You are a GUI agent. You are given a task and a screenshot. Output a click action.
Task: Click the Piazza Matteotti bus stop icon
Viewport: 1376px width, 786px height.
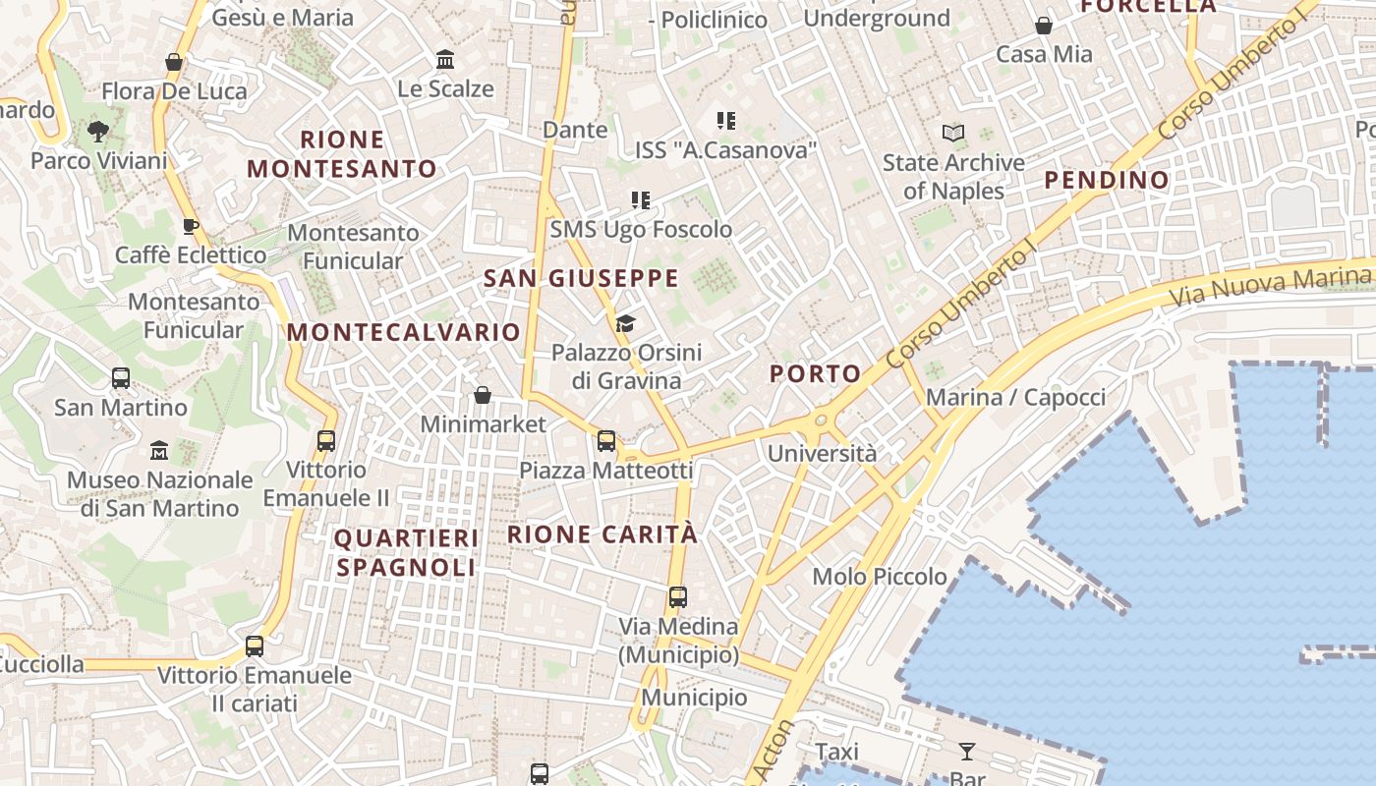coord(606,441)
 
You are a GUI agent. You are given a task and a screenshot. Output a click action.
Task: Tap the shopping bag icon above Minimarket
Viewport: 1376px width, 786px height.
coord(483,395)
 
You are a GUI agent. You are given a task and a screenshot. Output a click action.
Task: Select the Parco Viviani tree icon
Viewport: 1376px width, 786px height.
coord(97,132)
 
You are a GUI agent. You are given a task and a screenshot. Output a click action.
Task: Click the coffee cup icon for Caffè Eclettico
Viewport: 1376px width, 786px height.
coord(191,226)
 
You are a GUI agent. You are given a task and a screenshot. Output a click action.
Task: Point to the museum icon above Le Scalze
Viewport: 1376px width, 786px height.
coord(444,60)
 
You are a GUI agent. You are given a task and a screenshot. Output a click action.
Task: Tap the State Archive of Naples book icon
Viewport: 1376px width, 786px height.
coord(952,133)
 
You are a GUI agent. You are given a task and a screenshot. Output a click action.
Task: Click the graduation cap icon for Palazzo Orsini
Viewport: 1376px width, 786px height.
coord(625,323)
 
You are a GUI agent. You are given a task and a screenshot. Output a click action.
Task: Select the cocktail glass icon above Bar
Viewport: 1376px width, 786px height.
coord(967,752)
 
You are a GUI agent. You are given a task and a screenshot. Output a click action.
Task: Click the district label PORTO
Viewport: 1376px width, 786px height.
coord(815,373)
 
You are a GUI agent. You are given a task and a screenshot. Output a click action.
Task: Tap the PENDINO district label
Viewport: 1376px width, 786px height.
coord(1107,180)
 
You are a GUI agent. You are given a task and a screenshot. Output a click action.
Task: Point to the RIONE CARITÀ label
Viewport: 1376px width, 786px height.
coord(602,534)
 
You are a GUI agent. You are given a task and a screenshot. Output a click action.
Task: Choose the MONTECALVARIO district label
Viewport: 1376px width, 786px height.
coord(404,332)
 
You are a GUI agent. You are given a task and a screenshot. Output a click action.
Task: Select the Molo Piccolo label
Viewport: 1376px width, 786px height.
coord(880,577)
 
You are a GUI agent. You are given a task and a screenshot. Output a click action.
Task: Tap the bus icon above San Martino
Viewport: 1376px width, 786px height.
coord(121,378)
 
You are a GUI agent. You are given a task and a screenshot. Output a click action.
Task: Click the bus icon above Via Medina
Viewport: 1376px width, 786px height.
coord(677,596)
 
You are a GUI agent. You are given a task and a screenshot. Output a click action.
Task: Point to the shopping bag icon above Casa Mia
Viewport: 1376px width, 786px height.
coord(1044,26)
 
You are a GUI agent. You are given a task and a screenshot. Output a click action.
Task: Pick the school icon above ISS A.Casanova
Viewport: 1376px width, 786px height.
coord(725,121)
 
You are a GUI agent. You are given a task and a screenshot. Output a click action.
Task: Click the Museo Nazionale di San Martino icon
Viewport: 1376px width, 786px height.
coord(159,451)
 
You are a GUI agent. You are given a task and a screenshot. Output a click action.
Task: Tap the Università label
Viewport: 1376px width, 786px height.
coord(822,454)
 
